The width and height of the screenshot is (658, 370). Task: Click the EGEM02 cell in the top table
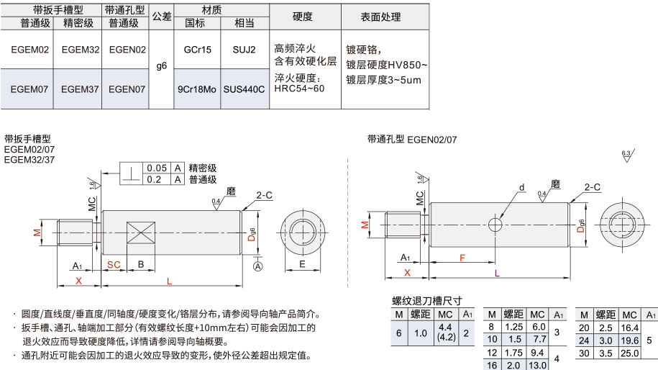(x=29, y=50)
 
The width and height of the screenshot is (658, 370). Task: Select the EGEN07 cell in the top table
(x=127, y=89)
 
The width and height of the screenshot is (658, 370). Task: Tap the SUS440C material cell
(x=245, y=89)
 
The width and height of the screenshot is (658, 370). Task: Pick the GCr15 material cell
(x=197, y=50)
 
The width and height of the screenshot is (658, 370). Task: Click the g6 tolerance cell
(x=162, y=66)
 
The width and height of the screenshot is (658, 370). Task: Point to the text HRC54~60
(x=299, y=89)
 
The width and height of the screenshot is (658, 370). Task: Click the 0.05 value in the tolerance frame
(x=157, y=168)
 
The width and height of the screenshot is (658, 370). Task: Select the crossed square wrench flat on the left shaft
(x=141, y=233)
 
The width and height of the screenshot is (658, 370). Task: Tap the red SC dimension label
(x=114, y=265)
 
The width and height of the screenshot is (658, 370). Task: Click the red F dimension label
(x=462, y=258)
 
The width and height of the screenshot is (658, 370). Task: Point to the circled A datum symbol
(x=257, y=266)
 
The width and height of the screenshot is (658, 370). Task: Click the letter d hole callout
(x=522, y=187)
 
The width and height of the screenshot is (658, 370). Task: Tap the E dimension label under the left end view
(x=302, y=263)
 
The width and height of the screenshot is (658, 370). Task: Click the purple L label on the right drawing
(x=497, y=273)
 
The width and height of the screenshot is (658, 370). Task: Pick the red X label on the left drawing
(x=78, y=281)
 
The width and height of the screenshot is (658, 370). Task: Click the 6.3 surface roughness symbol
(x=627, y=155)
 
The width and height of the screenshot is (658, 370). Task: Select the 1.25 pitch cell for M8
(x=513, y=327)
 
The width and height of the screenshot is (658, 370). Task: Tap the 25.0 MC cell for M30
(x=630, y=353)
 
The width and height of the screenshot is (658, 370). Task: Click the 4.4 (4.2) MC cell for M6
(x=445, y=332)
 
